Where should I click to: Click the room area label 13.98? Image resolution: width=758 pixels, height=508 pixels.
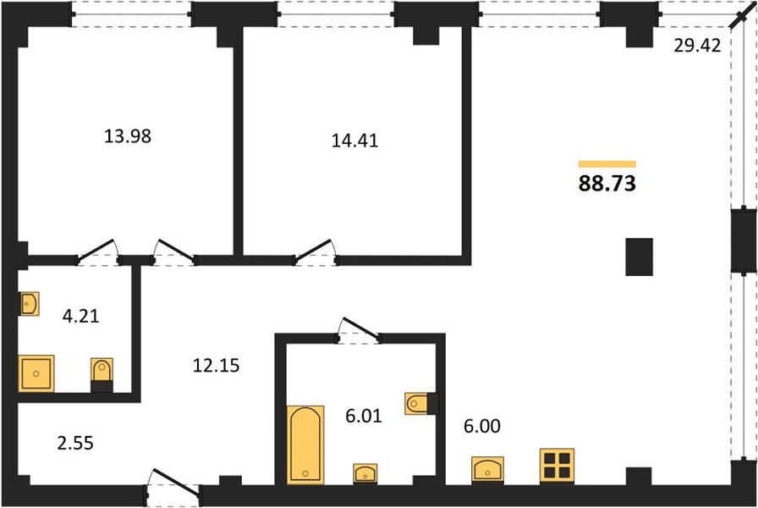point(128,136)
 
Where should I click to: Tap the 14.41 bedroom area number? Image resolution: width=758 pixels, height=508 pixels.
point(354,141)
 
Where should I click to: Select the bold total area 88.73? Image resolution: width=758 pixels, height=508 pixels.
point(607,184)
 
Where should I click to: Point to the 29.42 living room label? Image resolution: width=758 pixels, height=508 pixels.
point(697,46)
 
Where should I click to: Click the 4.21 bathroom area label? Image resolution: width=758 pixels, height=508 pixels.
point(80,316)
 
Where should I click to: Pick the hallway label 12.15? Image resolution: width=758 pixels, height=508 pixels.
point(216,365)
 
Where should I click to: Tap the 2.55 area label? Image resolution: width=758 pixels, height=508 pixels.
point(75,443)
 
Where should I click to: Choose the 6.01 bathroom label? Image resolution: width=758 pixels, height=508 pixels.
point(364,416)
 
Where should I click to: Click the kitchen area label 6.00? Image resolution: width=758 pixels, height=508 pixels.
point(482,426)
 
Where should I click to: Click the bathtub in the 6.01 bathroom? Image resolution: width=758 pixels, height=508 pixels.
point(305,444)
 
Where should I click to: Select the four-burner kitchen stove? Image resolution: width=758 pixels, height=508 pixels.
point(557,466)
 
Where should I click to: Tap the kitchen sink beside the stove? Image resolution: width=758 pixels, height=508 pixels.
point(488,470)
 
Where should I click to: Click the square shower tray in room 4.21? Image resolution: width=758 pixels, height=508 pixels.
point(36,373)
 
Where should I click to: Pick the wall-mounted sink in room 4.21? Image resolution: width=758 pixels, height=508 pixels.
point(29,304)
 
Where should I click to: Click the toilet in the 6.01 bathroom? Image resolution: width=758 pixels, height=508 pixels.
point(421,404)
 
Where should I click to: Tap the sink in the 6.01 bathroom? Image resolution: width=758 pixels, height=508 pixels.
point(365,473)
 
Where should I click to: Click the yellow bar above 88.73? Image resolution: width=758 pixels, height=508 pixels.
point(607,164)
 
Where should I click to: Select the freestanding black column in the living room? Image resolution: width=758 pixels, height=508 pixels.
point(639,257)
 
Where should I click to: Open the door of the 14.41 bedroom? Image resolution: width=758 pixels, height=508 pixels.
point(314,251)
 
